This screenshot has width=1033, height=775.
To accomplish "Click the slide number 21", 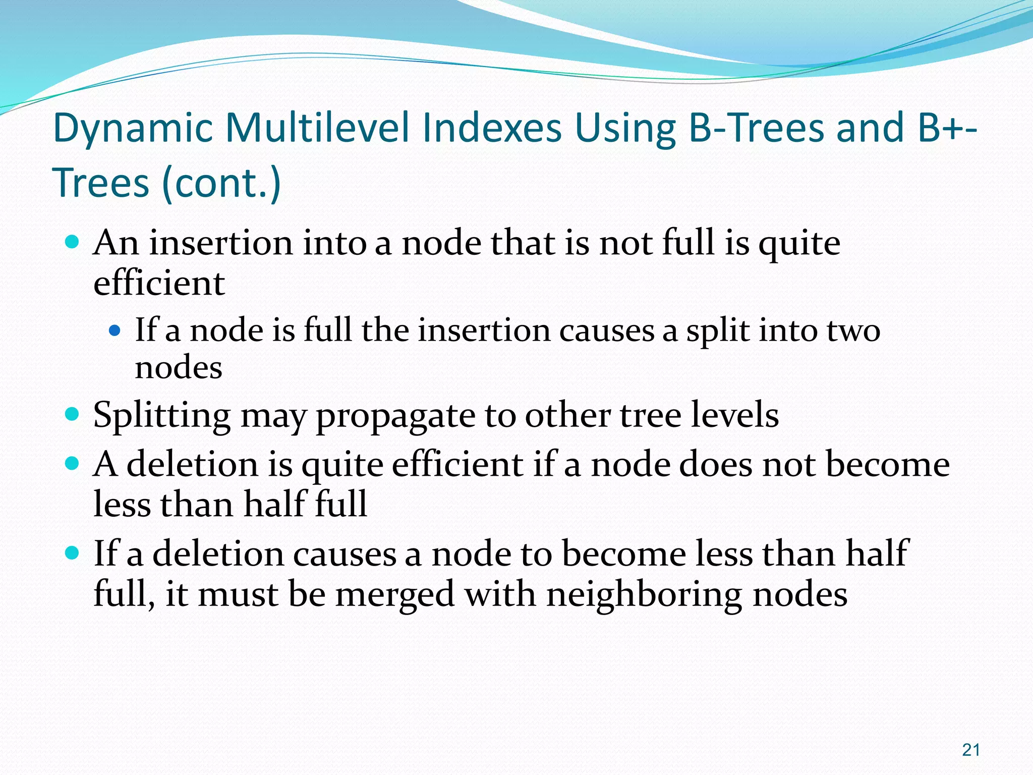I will (970, 750).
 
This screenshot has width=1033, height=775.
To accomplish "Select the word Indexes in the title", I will (492, 128).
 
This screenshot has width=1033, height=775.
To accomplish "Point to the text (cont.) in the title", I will (221, 183).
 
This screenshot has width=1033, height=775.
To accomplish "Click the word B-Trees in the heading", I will (756, 128).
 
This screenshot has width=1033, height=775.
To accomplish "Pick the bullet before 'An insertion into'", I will (73, 243).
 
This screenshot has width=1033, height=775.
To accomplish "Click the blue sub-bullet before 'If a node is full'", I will (115, 331).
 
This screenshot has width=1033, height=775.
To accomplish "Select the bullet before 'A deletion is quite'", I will (73, 463).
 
